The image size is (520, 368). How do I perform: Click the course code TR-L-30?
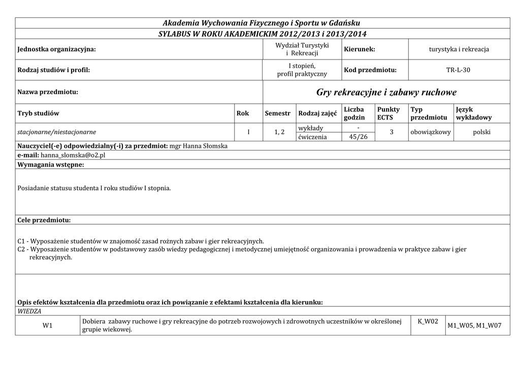pos(458,70)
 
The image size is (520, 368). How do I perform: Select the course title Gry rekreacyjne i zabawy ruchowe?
pos(386,92)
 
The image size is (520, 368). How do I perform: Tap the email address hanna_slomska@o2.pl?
pos(73,155)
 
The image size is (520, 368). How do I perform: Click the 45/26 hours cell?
pos(359,137)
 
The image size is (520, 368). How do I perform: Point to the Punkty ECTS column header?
pos(388,113)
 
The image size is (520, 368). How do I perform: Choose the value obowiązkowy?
pos(431,132)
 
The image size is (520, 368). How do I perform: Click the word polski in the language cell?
pos(481,132)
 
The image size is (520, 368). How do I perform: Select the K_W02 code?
pos(428,322)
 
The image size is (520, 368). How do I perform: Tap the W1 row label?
pos(48,326)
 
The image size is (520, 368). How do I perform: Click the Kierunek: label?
pos(360,49)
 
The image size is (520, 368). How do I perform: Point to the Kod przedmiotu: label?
pos(370,70)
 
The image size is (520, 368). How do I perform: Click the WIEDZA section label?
pos(29,311)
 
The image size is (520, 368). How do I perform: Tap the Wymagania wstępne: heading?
pos(51,165)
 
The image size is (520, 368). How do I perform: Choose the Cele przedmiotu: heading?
pos(44,220)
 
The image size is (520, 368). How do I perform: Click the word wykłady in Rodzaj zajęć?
pos(311,128)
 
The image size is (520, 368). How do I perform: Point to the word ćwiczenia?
pos(313,137)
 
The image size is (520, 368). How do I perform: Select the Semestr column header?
pos(277,113)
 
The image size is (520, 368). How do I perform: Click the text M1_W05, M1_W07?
pos(474,326)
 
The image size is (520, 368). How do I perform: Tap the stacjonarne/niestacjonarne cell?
pos(57,132)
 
